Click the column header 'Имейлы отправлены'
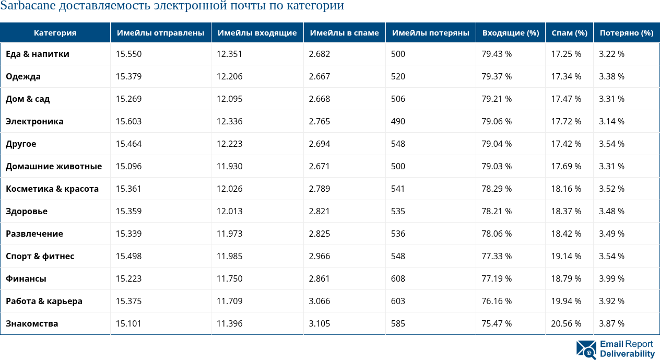(160, 33)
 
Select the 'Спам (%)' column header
(569, 33)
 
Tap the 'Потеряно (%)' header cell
(626, 33)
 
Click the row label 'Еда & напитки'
(38, 54)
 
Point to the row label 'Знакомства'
(32, 323)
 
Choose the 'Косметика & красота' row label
(52, 189)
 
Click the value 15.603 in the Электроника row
(128, 121)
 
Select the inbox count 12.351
(229, 54)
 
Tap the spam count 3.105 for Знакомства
(319, 323)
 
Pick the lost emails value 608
(398, 278)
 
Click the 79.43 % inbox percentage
(497, 54)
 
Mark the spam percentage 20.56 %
(566, 323)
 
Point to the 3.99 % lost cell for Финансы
(611, 278)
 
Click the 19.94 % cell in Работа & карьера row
(566, 301)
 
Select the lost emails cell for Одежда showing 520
(398, 76)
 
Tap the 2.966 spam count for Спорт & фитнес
(319, 256)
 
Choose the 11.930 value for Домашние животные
(229, 166)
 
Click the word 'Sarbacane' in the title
(24, 6)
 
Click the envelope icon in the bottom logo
(586, 350)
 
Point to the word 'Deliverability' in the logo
(627, 354)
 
